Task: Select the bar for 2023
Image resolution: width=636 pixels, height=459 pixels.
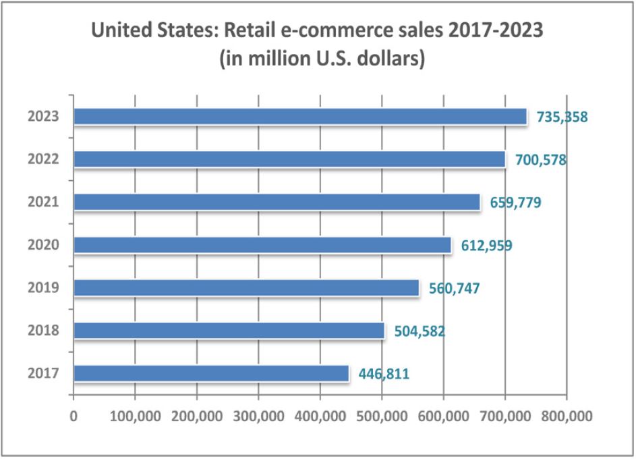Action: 300,117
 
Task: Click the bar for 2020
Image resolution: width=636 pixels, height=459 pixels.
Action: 262,245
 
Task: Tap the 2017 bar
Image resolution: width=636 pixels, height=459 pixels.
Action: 211,373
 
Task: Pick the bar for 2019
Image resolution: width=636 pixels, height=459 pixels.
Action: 246,288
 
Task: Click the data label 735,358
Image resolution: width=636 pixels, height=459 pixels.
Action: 562,117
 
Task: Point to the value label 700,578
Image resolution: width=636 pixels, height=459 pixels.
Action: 536,160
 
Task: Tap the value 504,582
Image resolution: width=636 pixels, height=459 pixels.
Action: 415,331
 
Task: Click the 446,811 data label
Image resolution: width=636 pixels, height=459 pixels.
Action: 379,374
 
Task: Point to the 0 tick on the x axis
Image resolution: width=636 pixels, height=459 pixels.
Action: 74,414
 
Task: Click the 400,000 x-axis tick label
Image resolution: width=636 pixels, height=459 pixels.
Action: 320,414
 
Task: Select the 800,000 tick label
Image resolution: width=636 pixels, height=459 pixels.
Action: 567,414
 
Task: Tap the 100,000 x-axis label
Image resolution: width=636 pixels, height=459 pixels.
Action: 135,414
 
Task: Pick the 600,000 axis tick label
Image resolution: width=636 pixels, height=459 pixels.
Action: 443,414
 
